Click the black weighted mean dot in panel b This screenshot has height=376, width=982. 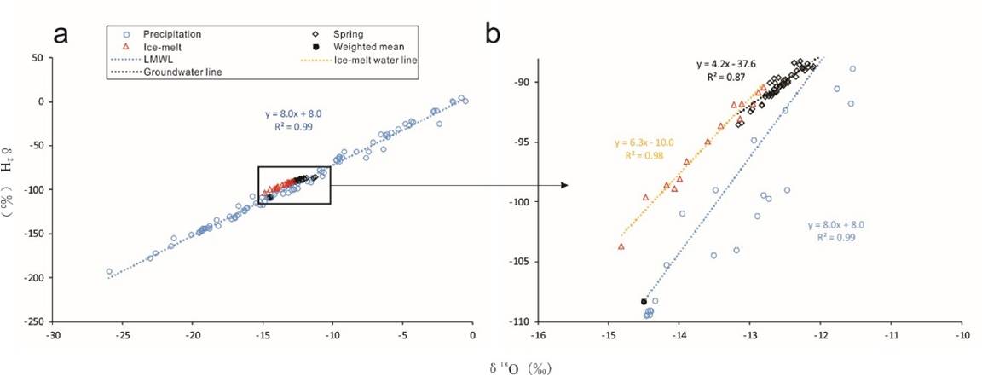coord(644,302)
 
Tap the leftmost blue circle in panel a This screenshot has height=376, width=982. coord(109,272)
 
